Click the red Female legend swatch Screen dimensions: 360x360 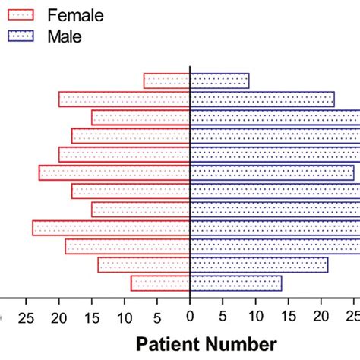pos(29,14)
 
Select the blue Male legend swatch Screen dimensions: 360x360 pos(29,35)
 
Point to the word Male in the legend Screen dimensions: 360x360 pos(65,35)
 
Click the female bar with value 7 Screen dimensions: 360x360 pos(166,81)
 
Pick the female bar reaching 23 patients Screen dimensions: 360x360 pos(114,172)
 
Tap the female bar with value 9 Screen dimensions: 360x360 pos(160,283)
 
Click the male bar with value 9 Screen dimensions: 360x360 pos(219,81)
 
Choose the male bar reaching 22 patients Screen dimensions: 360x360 pos(262,99)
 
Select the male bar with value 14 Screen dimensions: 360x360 pos(235,283)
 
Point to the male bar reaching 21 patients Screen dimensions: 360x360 pos(259,264)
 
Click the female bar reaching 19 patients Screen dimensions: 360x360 pos(128,246)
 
